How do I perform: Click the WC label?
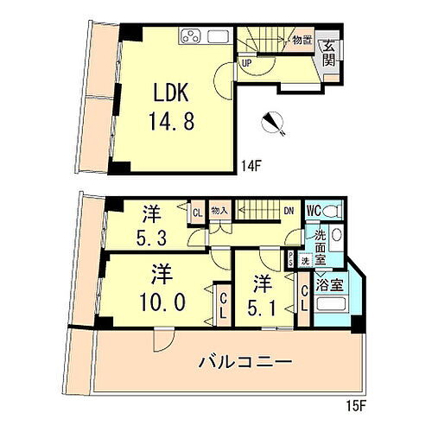coord(313,210)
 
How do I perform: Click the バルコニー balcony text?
coord(241,360)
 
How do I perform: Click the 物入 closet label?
coord(219,210)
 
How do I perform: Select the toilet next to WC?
coord(337,209)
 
